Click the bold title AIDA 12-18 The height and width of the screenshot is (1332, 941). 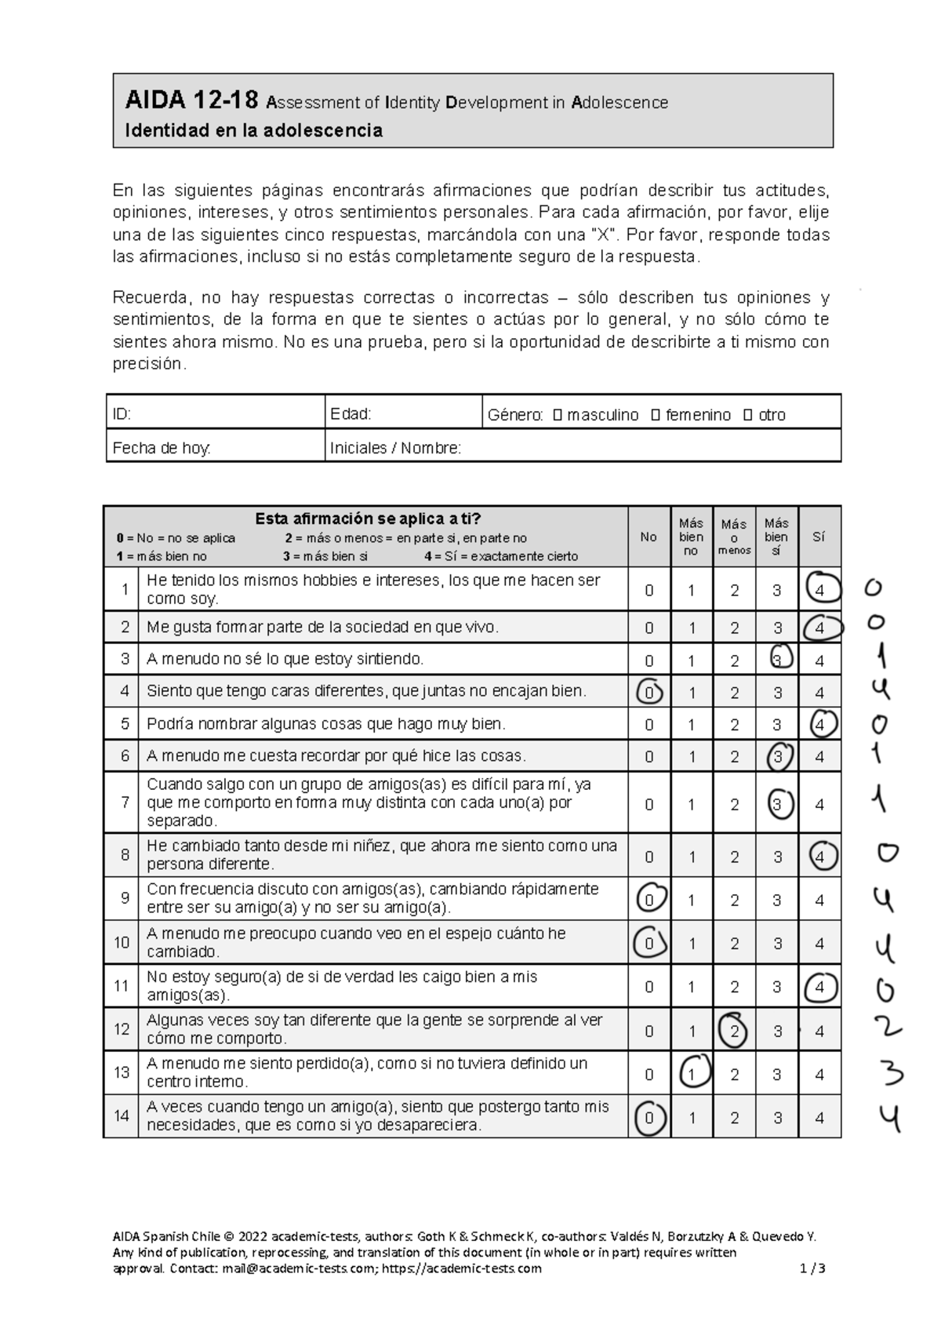(191, 100)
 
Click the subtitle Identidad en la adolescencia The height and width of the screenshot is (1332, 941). (253, 130)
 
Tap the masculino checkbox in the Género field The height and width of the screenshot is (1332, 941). (558, 415)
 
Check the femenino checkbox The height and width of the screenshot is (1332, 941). (656, 415)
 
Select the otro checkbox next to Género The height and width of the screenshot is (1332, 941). (748, 415)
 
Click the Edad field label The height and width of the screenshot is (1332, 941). (351, 414)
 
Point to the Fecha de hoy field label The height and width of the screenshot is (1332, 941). (162, 448)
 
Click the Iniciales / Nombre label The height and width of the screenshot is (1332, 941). (395, 448)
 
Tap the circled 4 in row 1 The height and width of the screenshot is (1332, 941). (820, 590)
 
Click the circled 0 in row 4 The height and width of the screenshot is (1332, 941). (649, 693)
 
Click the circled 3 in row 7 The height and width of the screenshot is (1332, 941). (778, 804)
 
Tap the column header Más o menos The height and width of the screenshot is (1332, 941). (734, 537)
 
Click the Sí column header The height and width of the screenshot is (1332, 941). (819, 537)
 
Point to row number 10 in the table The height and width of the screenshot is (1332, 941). (122, 942)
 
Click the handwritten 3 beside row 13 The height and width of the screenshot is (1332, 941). (889, 1073)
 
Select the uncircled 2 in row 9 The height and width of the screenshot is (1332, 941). (734, 901)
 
